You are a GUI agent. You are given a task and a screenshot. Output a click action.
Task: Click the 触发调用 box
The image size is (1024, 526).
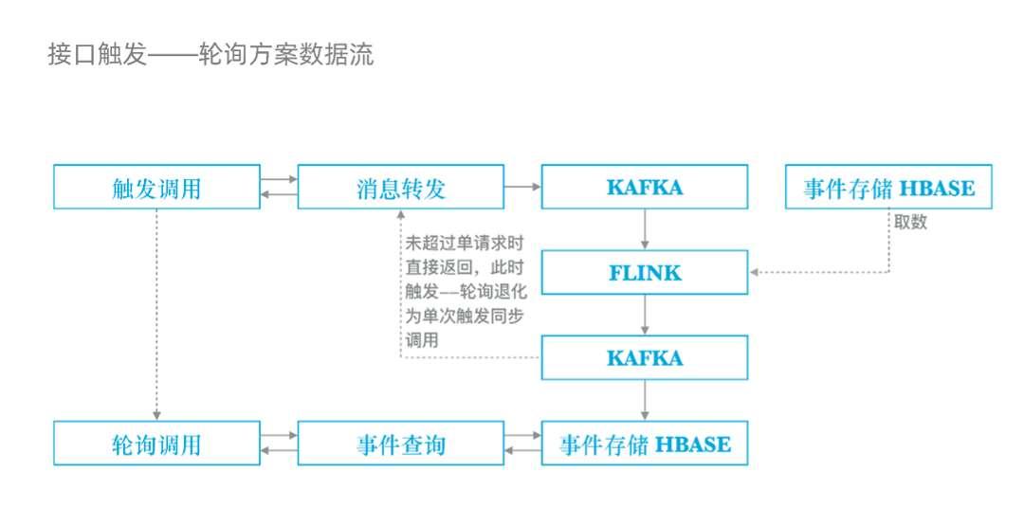(x=156, y=188)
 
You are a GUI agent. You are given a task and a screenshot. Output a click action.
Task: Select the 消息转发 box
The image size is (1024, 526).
(x=400, y=188)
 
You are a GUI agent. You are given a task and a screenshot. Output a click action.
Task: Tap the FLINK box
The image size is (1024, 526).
(x=645, y=273)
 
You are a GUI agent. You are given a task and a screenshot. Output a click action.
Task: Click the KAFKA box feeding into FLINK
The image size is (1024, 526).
(x=645, y=188)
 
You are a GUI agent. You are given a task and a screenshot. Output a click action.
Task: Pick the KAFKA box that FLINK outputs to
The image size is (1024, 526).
(x=645, y=358)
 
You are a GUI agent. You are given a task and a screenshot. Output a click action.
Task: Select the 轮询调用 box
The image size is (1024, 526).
(x=156, y=444)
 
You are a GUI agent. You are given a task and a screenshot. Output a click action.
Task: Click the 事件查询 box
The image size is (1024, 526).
(x=400, y=444)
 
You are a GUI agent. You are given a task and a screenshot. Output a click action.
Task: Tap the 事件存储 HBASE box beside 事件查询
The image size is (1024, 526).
(x=645, y=444)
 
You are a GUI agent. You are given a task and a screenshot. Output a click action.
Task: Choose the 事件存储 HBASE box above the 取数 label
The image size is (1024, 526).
(x=888, y=188)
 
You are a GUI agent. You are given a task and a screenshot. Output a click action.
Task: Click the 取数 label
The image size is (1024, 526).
(x=909, y=222)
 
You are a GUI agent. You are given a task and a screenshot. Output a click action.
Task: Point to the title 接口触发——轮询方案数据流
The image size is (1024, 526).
(x=210, y=55)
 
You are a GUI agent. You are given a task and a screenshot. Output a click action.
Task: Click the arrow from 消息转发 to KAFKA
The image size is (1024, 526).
(x=522, y=188)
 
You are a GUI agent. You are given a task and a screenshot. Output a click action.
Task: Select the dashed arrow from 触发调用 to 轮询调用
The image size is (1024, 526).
(x=156, y=313)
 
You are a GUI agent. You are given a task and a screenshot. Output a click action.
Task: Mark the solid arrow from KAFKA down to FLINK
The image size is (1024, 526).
(x=645, y=230)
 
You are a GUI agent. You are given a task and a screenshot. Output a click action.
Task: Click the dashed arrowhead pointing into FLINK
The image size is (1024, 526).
(x=755, y=273)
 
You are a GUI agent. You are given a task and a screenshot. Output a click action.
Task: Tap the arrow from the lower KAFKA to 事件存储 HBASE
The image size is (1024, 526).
(x=645, y=401)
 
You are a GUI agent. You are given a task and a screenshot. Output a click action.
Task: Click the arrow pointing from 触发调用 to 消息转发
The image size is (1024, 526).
(x=279, y=179)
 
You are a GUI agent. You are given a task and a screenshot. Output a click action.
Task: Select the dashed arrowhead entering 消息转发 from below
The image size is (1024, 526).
(x=400, y=215)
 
